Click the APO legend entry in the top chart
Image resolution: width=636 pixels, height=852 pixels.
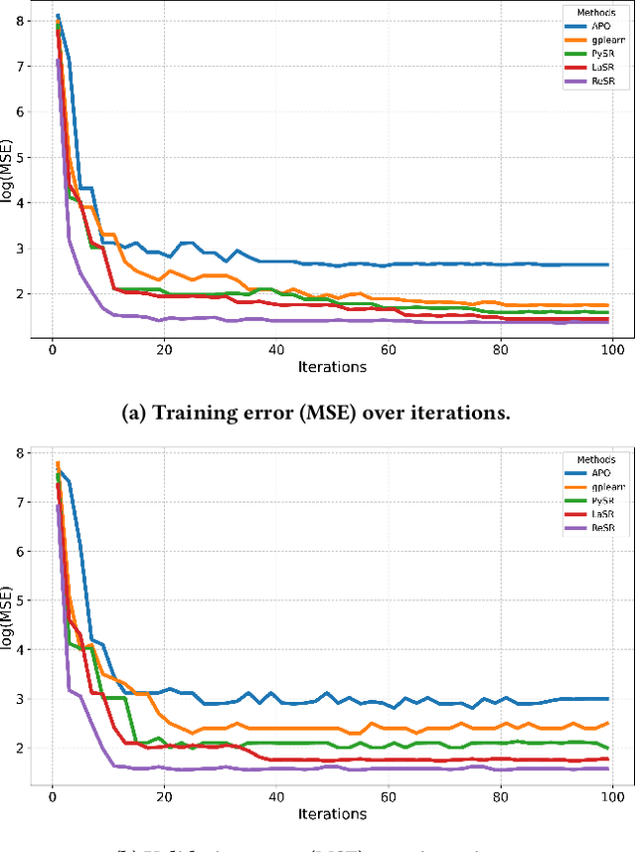(602, 27)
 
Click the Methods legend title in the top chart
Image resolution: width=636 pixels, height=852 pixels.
(594, 13)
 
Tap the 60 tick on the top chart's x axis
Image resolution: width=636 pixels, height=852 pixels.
(389, 349)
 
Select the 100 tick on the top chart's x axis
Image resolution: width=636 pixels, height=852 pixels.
(612, 349)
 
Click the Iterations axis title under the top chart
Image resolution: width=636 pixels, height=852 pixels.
(332, 367)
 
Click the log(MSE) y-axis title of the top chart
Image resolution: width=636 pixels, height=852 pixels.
(11, 174)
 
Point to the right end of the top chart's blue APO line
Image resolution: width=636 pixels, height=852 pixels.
(608, 264)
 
